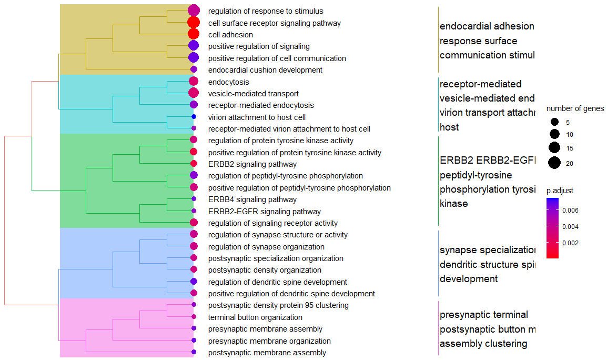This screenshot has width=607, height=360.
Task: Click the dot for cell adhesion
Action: point(194,34)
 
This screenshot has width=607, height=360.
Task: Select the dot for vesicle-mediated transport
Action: point(194,93)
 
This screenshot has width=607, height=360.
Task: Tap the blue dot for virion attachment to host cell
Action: point(194,117)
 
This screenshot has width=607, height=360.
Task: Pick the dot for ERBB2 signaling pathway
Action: point(194,164)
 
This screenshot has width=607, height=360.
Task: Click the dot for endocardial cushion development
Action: point(194,69)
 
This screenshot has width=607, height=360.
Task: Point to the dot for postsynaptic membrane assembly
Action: point(194,352)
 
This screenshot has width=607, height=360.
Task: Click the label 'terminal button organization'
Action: point(255,317)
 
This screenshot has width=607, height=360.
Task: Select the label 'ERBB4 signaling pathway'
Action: point(252,199)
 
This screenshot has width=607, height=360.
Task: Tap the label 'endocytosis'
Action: point(228,82)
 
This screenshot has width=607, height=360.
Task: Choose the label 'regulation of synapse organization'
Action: point(266,246)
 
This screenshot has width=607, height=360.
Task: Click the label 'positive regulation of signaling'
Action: point(259,46)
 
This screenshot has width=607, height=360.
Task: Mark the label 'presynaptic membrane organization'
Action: point(269,341)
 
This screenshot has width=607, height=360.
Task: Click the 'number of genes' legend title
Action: point(575,108)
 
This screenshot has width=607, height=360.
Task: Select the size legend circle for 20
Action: point(554,163)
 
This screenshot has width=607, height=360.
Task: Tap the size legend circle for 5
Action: point(554,122)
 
